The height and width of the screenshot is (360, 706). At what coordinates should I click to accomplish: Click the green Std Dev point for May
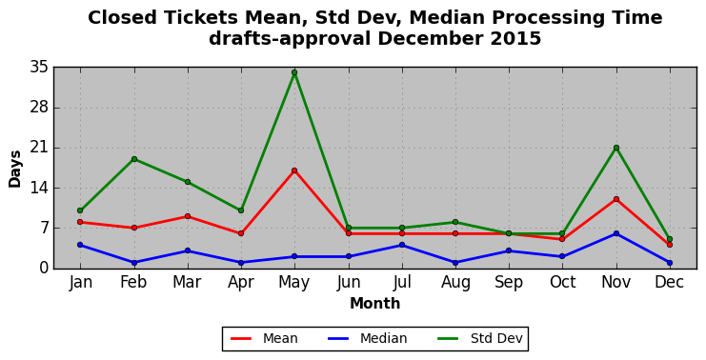[294, 72]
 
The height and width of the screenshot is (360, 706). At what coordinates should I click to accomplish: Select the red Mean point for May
[294, 170]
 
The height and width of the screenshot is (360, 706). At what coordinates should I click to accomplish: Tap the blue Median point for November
[615, 233]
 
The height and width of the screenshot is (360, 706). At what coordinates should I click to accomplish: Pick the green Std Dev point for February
[133, 159]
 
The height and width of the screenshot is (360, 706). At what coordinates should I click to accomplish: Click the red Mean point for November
[615, 199]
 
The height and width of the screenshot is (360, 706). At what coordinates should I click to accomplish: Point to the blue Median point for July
[402, 245]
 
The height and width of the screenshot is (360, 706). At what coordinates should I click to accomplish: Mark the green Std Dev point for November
[615, 148]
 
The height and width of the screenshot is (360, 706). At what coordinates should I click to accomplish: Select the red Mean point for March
[188, 216]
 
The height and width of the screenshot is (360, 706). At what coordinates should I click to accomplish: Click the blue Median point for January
[80, 245]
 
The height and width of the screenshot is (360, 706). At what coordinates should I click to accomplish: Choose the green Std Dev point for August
[455, 222]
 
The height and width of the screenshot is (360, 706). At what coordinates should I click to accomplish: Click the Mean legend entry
[264, 338]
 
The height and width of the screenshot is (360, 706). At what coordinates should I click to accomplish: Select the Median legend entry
[367, 338]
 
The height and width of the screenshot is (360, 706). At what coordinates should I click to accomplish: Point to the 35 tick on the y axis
[39, 68]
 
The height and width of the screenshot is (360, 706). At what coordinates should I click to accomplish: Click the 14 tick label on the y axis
[39, 188]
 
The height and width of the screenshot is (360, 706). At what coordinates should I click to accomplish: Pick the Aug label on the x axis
[455, 283]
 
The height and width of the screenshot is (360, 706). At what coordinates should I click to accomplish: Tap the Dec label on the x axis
[670, 282]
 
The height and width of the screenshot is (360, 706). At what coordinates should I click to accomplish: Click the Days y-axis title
[15, 169]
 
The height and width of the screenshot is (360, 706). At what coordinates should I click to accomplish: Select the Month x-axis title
[375, 303]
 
